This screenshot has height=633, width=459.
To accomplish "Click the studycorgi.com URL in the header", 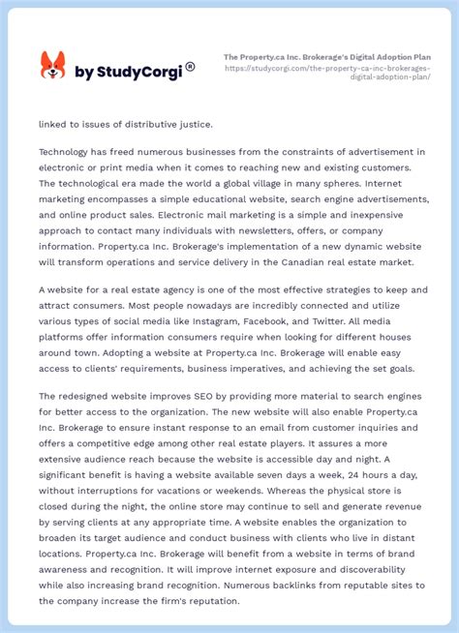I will point(328,73).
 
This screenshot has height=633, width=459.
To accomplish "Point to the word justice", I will point(188,124).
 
